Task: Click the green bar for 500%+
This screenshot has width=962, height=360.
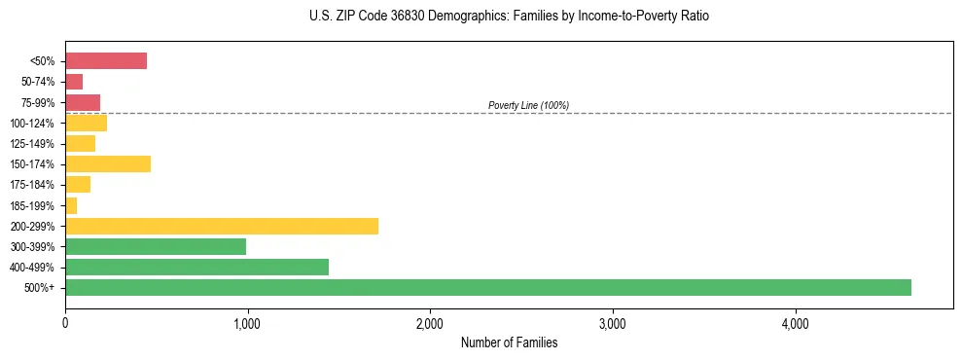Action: coord(487,287)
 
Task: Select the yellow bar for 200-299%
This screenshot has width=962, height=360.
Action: coord(221,226)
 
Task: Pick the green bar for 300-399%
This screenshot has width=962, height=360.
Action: coord(156,246)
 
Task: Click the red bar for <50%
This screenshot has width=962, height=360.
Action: coord(106,61)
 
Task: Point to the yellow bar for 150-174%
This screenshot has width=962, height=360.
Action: coord(108,163)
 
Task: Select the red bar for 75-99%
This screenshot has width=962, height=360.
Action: coord(83,102)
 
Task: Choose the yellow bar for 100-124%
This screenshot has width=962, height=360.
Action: coord(86,123)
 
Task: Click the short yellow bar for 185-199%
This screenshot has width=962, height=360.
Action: coord(71,205)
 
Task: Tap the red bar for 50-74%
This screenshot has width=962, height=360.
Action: coord(74,82)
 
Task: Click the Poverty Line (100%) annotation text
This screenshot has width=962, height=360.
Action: coord(528,105)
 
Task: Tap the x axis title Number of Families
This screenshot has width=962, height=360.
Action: coord(509,342)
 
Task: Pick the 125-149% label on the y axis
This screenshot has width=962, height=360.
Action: coord(32,144)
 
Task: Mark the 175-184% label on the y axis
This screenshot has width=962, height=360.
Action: coord(32,185)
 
